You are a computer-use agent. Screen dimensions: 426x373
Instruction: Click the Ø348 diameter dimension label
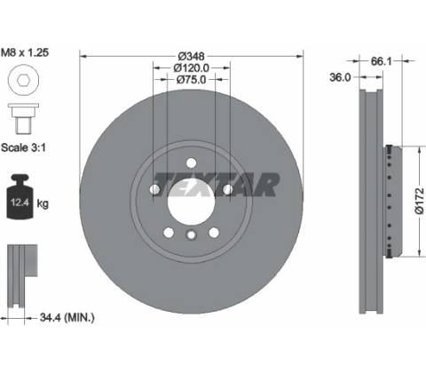tap(192, 56)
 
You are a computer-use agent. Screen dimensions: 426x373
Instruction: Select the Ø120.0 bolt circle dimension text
tap(192, 68)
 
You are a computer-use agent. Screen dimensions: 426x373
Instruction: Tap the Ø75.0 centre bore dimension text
tap(191, 79)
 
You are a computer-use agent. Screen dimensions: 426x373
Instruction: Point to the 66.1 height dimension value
tap(381, 61)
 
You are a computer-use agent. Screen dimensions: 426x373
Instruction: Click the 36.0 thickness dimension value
tap(340, 77)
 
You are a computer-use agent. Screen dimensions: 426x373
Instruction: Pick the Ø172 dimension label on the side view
tap(419, 201)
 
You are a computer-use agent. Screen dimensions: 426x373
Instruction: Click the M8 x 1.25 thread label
tap(25, 52)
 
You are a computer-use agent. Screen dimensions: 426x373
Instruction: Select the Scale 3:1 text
tap(24, 147)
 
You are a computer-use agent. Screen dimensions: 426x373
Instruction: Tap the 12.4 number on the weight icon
tap(20, 202)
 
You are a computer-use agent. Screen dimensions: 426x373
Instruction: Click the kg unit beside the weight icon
tap(43, 203)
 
